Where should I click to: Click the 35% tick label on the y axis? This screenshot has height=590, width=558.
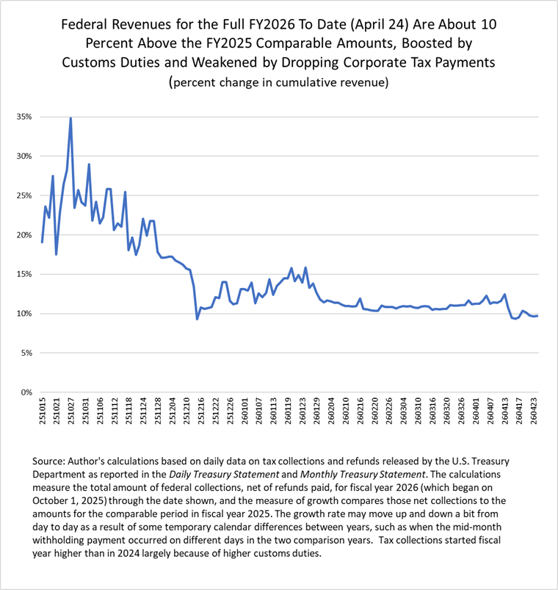tap(22, 117)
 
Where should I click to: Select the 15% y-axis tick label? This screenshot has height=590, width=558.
tap(22, 274)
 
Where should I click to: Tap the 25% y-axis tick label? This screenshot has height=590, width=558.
tap(22, 195)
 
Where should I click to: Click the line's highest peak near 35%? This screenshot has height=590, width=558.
tap(70, 118)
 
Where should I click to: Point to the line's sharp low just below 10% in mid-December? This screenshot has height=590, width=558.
tap(197, 318)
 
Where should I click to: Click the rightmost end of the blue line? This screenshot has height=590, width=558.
tap(537, 316)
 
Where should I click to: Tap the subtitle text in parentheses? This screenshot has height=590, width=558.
tap(278, 83)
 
